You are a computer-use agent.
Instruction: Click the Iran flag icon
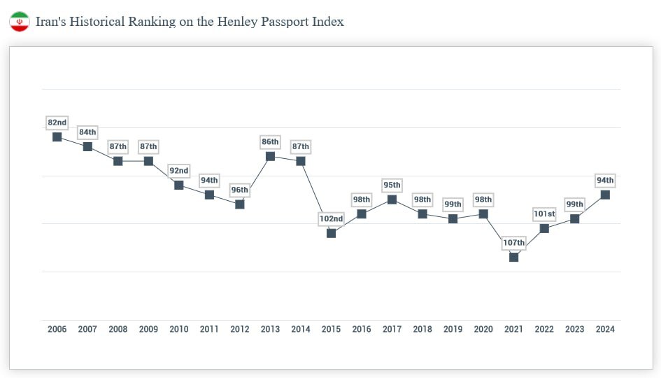(x=19, y=22)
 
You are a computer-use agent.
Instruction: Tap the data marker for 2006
(x=57, y=136)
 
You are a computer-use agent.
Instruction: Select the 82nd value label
(x=57, y=122)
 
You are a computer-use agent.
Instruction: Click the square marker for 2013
(x=270, y=156)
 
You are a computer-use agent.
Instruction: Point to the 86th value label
(x=270, y=142)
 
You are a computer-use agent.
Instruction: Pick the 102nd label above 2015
(x=331, y=218)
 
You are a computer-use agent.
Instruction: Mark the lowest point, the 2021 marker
(x=514, y=257)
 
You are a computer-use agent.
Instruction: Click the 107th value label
(x=514, y=243)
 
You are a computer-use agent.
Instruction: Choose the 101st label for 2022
(x=544, y=213)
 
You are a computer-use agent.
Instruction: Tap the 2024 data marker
(x=605, y=195)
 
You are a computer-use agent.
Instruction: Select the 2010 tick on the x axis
(x=179, y=330)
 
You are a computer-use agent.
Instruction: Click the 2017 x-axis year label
(x=392, y=330)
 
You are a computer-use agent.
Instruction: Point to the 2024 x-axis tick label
(x=605, y=330)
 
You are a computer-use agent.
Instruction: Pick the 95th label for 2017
(x=392, y=185)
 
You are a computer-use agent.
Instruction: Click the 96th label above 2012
(x=240, y=190)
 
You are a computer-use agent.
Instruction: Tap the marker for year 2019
(x=453, y=218)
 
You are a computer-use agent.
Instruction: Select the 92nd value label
(x=179, y=171)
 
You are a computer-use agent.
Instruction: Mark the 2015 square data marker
(x=331, y=233)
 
